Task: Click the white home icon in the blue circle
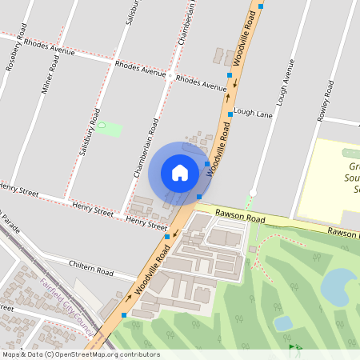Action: pos(180,173)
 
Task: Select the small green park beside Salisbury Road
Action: pos(110,127)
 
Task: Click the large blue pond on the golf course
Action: pos(339,286)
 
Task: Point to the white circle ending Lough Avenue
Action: pos(253,191)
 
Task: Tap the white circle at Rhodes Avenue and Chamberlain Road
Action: pos(170,75)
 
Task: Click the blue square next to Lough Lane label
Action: pos(230,114)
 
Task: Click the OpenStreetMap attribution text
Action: pos(80,354)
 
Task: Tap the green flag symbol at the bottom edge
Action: pos(293,347)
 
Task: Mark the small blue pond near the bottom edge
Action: pos(282,322)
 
